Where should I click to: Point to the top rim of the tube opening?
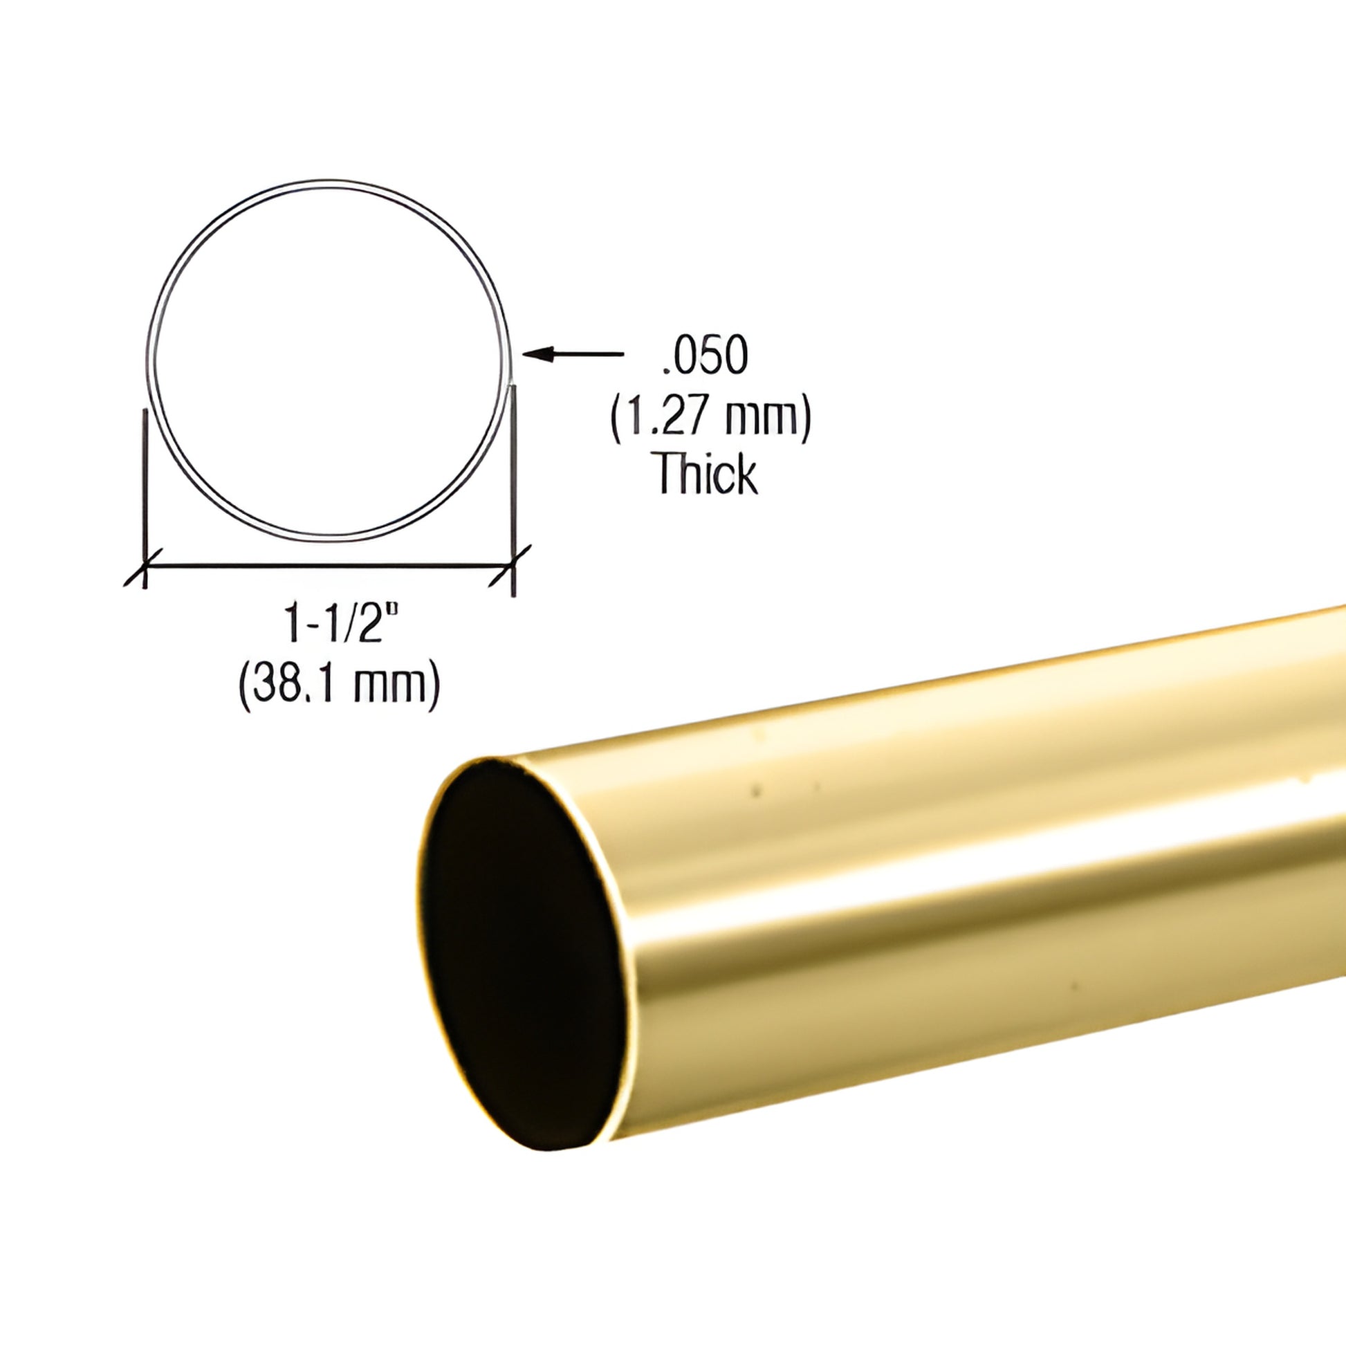tap(488, 761)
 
